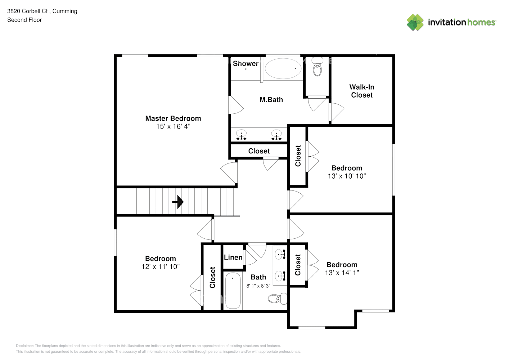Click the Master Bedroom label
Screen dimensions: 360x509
pyautogui.click(x=173, y=118)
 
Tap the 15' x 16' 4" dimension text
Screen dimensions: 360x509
pyautogui.click(x=173, y=127)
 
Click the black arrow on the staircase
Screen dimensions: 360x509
pyautogui.click(x=178, y=202)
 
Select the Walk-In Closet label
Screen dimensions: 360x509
pyautogui.click(x=362, y=91)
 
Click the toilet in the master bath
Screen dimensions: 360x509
pyautogui.click(x=317, y=67)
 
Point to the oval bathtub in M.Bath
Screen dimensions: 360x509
pyautogui.click(x=283, y=68)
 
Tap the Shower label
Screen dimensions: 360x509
pyautogui.click(x=246, y=64)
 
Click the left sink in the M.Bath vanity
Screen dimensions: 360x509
pyautogui.click(x=241, y=134)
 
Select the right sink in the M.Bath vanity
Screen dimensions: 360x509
pyautogui.click(x=276, y=134)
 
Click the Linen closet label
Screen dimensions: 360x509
pyautogui.click(x=233, y=257)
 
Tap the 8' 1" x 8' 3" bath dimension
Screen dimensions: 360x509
pyautogui.click(x=258, y=286)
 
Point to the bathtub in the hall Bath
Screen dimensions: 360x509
pyautogui.click(x=233, y=291)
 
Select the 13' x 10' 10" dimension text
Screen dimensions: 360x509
pyautogui.click(x=347, y=176)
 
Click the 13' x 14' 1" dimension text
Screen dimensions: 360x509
pyautogui.click(x=342, y=273)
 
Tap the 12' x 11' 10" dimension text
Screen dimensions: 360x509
pyautogui.click(x=160, y=267)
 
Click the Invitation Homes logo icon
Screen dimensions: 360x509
pyautogui.click(x=415, y=22)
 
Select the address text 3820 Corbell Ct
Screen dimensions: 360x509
pyautogui.click(x=27, y=11)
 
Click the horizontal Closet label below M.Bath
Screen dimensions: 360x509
pyautogui.click(x=259, y=151)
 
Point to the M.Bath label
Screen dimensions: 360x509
pyautogui.click(x=271, y=100)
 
